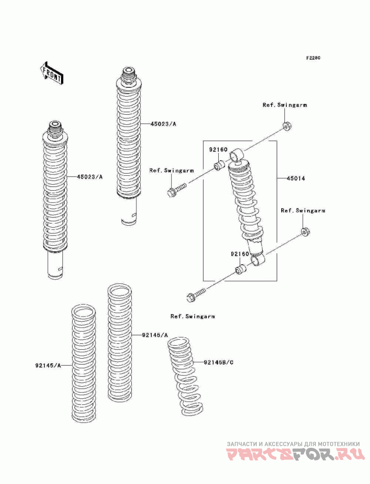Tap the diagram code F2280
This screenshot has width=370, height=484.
pos(313,58)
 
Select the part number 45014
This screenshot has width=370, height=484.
pos(296,179)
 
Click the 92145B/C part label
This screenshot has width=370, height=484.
pos(218,362)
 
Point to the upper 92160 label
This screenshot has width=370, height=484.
pos(218,150)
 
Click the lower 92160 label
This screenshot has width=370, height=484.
pos(240,254)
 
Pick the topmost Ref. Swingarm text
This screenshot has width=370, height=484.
pos(285,105)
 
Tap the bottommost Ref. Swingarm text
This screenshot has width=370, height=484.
pos(192,316)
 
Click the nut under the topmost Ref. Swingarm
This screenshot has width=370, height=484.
pos(287,126)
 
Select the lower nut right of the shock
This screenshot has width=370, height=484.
pos(305,231)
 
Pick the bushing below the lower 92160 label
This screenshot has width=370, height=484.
pos(240,269)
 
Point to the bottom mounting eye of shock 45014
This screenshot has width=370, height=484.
pos(258,259)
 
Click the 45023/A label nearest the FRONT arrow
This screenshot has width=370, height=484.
pos(89,177)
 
